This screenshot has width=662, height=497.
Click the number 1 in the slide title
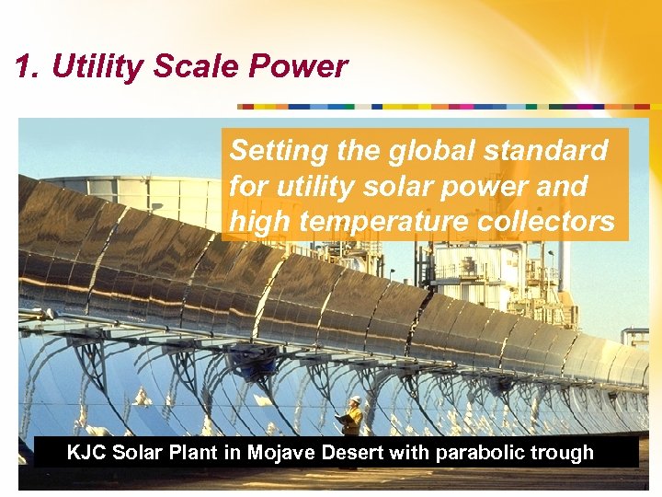(25, 66)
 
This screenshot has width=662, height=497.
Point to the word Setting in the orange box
(273, 150)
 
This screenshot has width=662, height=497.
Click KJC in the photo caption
(88, 453)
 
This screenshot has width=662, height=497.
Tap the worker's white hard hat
(356, 400)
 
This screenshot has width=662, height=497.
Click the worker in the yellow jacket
(353, 419)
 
